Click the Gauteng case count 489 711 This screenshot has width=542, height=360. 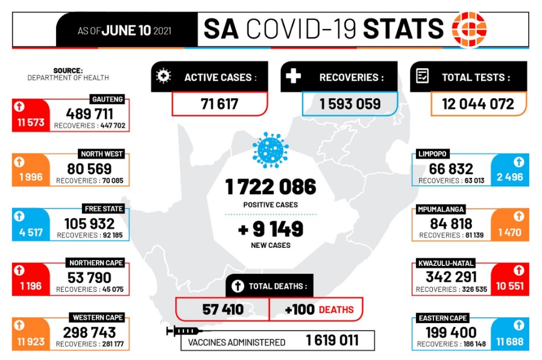89,113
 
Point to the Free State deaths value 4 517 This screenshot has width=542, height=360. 30,232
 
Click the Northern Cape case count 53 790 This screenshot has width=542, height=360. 89,277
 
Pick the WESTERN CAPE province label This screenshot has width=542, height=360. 98,317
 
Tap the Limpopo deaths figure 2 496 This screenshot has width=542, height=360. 509,177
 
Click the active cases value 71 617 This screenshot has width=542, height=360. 219,104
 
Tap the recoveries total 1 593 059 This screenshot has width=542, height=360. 350,104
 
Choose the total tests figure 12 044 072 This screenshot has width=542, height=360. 478,104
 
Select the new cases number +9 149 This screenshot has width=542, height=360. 271,229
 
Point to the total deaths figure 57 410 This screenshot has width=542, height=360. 222,309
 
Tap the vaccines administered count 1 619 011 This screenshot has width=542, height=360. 332,341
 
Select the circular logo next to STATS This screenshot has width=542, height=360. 470,29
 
